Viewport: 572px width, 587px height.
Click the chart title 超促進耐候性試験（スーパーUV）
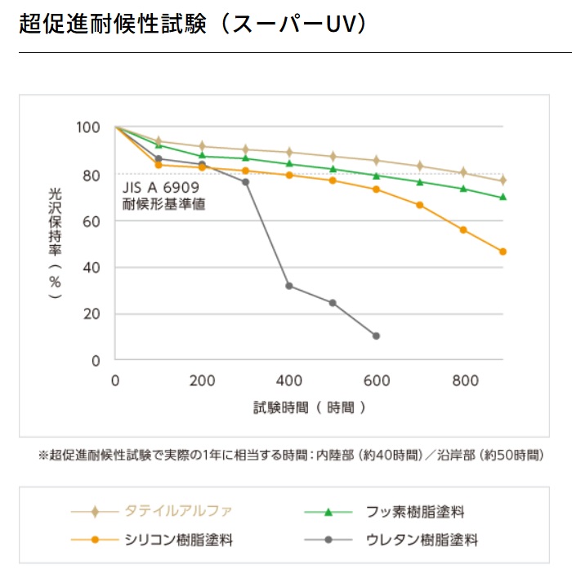tap(192, 24)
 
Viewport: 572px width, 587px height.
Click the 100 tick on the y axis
tap(87, 127)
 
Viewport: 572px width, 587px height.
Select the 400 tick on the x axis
tap(289, 380)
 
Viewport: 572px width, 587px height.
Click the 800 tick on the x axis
tap(463, 380)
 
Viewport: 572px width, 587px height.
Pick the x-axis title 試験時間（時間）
tap(309, 407)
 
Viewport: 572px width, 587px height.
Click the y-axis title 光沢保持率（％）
tap(56, 243)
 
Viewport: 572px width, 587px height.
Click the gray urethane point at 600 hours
tap(376, 336)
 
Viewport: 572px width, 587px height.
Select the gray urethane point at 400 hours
tap(289, 286)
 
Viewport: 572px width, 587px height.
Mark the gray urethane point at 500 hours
tap(333, 303)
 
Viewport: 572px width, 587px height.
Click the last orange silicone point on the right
tap(503, 251)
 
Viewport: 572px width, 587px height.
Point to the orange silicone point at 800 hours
tap(463, 229)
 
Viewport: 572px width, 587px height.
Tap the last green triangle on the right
tap(503, 197)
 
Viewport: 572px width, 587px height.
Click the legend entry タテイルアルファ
tap(177, 512)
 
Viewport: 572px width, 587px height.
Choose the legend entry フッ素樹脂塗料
tap(415, 512)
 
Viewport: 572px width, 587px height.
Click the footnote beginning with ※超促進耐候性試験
tap(291, 455)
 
